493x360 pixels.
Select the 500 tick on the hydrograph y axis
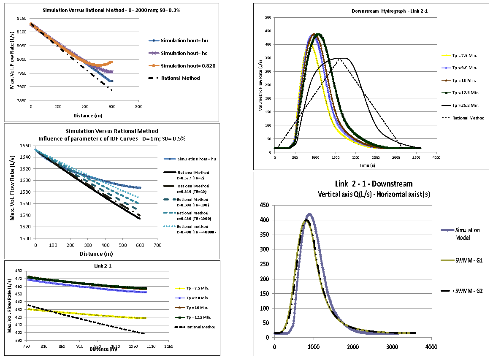[268, 17]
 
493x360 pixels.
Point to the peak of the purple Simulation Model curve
[309, 214]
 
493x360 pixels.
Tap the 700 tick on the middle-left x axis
[157, 245]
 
